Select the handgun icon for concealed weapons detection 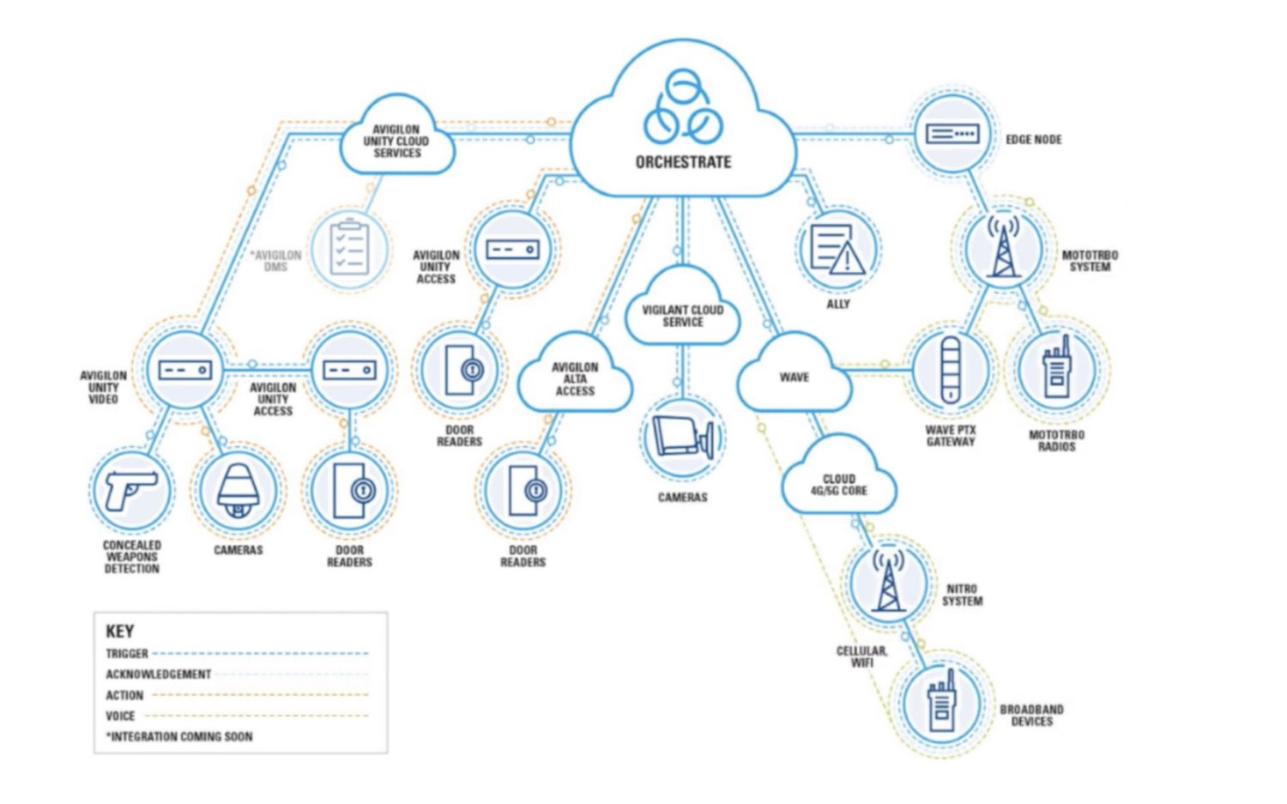[x=130, y=491]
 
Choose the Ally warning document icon [x=837, y=250]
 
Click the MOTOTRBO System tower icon [x=1003, y=248]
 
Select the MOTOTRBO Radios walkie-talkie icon [x=1056, y=369]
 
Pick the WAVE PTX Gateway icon [x=950, y=370]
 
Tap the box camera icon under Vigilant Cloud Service [x=683, y=438]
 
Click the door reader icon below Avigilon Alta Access [x=523, y=491]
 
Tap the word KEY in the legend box [x=119, y=632]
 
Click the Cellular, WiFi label [x=861, y=656]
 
